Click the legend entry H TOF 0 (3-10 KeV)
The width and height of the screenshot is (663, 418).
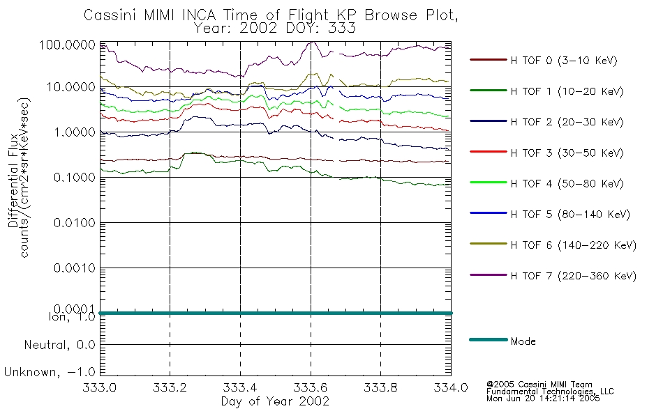click(564, 61)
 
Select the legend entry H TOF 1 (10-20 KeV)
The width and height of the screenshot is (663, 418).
click(567, 91)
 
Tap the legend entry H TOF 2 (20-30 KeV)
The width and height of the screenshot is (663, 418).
click(567, 122)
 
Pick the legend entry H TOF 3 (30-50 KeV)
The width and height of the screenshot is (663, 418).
click(567, 153)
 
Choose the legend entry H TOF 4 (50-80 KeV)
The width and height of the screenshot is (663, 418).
click(567, 184)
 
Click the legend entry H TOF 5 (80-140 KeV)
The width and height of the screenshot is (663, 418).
click(570, 215)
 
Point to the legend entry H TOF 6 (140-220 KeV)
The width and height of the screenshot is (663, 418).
click(574, 245)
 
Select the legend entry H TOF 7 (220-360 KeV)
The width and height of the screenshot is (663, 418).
click(574, 276)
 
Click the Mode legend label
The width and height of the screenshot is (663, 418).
click(523, 341)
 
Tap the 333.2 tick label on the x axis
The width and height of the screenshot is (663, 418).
click(170, 387)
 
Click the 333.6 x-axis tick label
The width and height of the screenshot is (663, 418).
click(311, 387)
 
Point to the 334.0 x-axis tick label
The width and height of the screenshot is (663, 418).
click(451, 387)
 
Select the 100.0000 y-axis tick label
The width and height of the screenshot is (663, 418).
click(67, 45)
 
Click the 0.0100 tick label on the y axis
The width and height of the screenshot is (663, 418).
click(75, 222)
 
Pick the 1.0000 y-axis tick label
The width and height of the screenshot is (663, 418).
click(75, 132)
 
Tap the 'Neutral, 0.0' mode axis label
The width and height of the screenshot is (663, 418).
click(59, 345)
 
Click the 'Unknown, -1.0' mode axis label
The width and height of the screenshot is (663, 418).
click(50, 372)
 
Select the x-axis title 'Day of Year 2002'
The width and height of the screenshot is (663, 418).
click(275, 401)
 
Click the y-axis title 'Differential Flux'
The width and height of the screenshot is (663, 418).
click(13, 180)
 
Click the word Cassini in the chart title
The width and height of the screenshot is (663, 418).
click(111, 15)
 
